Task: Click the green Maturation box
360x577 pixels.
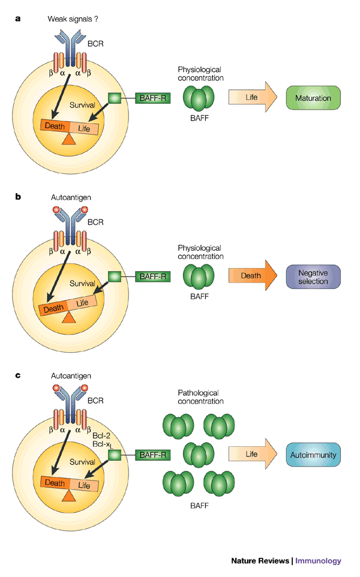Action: (313, 97)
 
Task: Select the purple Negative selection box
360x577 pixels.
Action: (313, 277)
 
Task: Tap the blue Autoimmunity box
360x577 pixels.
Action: (313, 455)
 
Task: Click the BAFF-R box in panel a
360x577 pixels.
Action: (152, 97)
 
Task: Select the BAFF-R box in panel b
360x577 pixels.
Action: (152, 277)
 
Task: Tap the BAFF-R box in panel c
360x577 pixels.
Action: (152, 455)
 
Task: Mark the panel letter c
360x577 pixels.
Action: (19, 375)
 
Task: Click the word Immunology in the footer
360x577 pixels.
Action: (318, 561)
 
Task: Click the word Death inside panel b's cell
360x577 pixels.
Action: (55, 307)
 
